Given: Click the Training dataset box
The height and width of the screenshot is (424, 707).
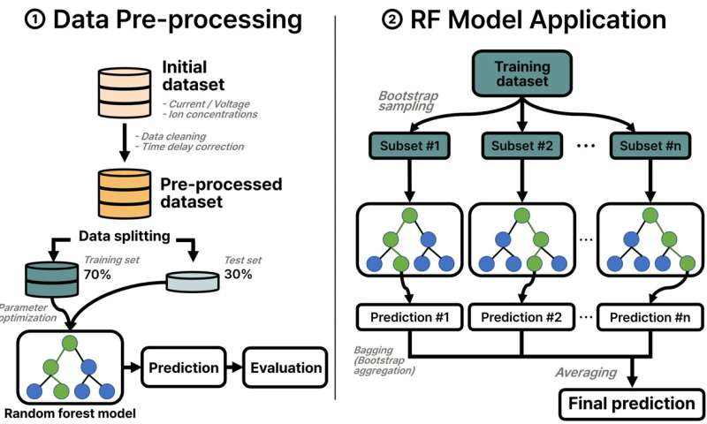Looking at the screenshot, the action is [x=521, y=73].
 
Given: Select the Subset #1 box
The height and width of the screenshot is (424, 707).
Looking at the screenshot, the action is [x=409, y=146].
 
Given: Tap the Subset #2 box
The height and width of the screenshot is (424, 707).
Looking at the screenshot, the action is [x=521, y=146].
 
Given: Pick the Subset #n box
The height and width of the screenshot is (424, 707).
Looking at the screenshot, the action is [x=650, y=146].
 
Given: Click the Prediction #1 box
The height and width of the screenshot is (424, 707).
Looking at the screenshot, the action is [x=409, y=317].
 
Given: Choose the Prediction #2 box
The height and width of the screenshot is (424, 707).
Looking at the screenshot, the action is [x=521, y=317].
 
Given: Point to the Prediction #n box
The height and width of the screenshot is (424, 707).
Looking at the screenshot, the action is [x=650, y=317].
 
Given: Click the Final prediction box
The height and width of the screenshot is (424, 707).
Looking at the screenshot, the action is [x=631, y=404].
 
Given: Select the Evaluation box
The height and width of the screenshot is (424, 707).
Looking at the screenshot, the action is [x=285, y=367].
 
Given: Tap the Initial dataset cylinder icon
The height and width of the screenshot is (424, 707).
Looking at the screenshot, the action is [x=125, y=93].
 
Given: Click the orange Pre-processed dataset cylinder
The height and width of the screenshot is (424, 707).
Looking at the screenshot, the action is [x=125, y=193].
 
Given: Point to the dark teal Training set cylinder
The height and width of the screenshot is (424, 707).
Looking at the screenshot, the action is [x=52, y=279].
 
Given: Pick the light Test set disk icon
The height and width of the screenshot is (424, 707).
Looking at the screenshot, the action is [x=193, y=282].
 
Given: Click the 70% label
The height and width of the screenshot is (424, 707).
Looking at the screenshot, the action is [x=97, y=274].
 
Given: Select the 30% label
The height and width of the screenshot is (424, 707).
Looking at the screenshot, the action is [x=238, y=274].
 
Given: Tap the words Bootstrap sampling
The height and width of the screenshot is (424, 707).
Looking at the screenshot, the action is [x=407, y=101].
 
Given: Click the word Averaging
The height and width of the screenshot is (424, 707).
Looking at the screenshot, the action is [x=586, y=373].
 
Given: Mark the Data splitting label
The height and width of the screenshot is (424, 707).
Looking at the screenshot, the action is [x=125, y=236].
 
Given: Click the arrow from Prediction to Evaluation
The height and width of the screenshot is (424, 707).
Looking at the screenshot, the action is [x=234, y=367].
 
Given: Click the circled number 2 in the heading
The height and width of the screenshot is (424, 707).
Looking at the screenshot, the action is [x=392, y=20].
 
